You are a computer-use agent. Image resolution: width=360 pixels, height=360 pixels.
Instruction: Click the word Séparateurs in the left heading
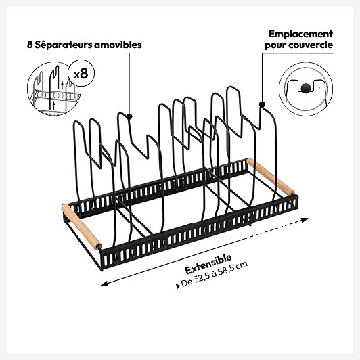click(63, 45)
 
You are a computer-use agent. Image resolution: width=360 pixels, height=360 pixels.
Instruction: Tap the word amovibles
click(118, 45)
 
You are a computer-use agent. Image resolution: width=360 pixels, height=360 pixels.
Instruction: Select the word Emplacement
click(300, 35)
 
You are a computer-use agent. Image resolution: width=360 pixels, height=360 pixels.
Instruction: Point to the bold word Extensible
click(208, 264)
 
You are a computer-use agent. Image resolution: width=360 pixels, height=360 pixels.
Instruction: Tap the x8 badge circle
click(81, 73)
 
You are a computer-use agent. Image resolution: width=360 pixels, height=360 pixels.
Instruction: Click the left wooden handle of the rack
click(81, 227)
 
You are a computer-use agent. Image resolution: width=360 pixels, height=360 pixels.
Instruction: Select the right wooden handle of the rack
click(271, 176)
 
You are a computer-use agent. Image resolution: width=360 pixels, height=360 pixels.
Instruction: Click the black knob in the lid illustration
click(306, 88)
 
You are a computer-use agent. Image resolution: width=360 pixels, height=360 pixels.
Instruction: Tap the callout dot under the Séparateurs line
click(129, 116)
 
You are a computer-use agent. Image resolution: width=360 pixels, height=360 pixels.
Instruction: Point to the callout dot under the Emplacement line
click(262, 104)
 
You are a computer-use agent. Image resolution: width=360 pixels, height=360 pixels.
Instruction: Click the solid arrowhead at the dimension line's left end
click(104, 284)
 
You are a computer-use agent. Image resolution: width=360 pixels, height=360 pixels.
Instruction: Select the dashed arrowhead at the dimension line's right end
click(305, 220)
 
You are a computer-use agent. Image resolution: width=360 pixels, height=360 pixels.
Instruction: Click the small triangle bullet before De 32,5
click(178, 286)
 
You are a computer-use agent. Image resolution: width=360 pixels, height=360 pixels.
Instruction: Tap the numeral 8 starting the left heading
click(30, 45)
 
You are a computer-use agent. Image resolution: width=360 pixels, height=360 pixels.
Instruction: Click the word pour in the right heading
click(275, 45)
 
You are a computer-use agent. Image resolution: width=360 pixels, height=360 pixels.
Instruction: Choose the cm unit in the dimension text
click(243, 265)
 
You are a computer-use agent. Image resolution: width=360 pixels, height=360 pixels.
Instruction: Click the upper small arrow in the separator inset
click(62, 85)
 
